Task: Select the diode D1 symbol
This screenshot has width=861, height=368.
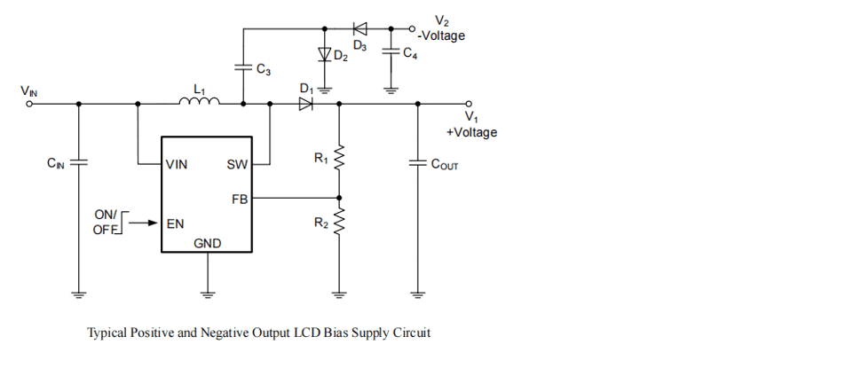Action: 306,104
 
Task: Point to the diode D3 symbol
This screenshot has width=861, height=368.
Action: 359,27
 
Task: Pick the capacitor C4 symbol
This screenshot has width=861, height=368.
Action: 390,52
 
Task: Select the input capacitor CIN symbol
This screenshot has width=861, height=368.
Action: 78,163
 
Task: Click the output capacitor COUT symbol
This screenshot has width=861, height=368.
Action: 416,163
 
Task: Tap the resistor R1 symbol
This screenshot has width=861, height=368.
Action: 338,159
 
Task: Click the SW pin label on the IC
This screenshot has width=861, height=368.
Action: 237,164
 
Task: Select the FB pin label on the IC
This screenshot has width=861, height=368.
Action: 240,200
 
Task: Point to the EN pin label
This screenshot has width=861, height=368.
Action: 175,223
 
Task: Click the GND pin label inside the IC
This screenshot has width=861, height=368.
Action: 208,243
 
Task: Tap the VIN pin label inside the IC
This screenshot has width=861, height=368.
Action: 176,164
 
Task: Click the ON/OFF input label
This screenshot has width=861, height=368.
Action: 106,223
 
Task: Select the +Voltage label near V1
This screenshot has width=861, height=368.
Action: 471,132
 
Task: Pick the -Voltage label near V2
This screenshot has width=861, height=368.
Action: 441,36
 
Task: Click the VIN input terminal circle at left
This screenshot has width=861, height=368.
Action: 28,104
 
